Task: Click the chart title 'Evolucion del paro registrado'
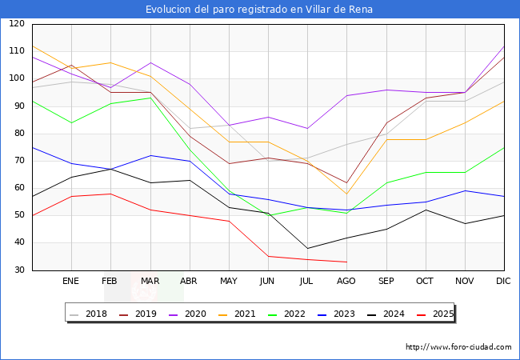click(x=259, y=10)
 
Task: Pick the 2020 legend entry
click(x=195, y=314)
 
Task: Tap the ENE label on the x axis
click(x=71, y=282)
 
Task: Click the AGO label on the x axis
click(x=346, y=282)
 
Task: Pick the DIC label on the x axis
click(x=503, y=282)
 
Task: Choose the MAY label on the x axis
click(x=229, y=282)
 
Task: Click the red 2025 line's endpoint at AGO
click(x=346, y=262)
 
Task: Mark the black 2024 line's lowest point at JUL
click(x=307, y=248)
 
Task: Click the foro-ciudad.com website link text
click(x=458, y=347)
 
